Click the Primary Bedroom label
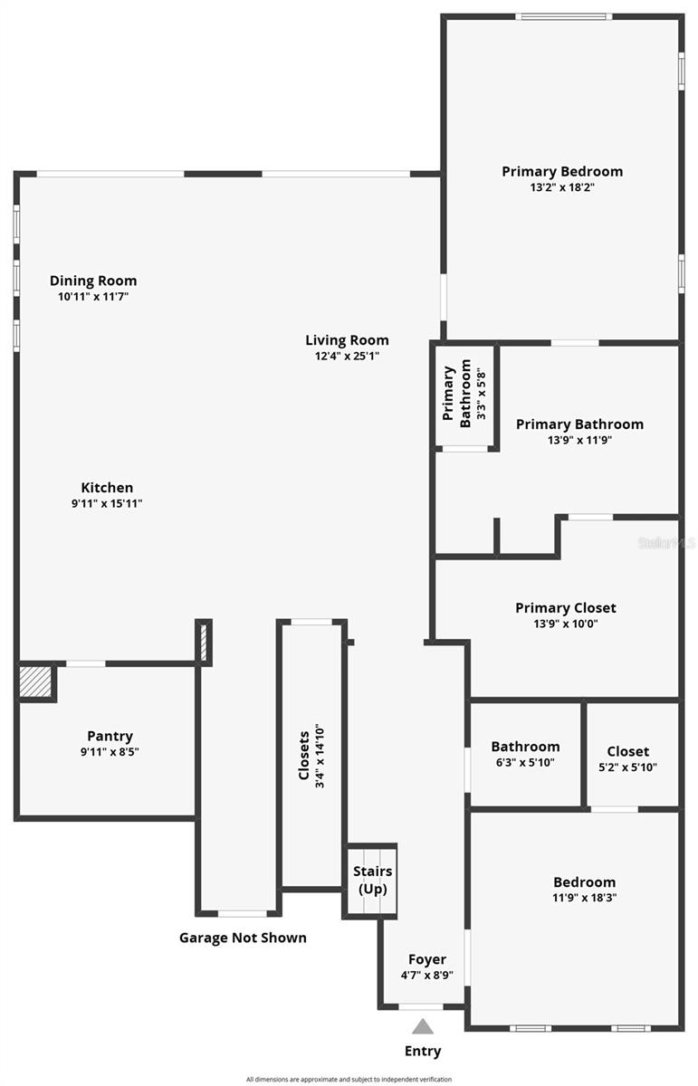(x=562, y=171)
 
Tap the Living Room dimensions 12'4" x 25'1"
(x=347, y=356)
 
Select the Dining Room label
(x=93, y=281)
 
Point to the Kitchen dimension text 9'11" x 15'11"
(x=107, y=503)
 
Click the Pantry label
(x=110, y=736)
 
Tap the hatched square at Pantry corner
(x=36, y=681)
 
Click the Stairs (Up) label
(x=372, y=880)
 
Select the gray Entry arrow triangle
(x=423, y=1025)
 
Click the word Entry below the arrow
(x=423, y=1051)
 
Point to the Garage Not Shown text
(x=243, y=938)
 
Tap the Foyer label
(x=426, y=959)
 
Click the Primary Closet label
(x=565, y=607)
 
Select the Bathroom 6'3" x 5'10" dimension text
(x=525, y=762)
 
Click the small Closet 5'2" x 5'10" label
(x=627, y=751)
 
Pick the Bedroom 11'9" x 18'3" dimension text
(x=584, y=898)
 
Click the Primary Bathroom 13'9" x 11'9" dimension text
(x=579, y=440)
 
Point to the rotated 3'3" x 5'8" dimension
(x=483, y=391)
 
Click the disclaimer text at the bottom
(x=349, y=1079)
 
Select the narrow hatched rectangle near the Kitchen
(x=204, y=643)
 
